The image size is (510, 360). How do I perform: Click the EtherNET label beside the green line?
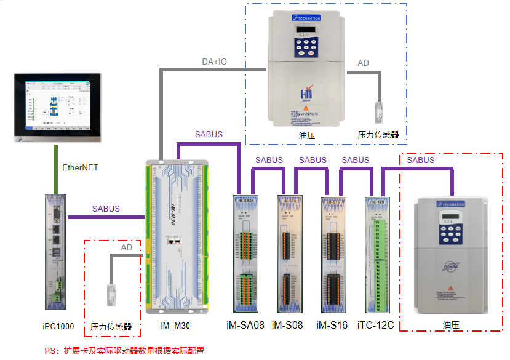coord(80,167)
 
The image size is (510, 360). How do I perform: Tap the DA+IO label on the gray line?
coord(215,62)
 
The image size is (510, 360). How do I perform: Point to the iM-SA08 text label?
coord(245,325)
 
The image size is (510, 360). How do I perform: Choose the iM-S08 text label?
coord(287,325)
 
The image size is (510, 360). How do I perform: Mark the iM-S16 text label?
coord(332,325)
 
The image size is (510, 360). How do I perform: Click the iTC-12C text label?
coord(375,325)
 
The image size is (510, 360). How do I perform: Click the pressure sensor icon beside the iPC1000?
coord(111,295)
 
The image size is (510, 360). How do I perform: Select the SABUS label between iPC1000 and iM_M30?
coord(106,209)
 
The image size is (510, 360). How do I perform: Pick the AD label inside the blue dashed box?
coord(364,63)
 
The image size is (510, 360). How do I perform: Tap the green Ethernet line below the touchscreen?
coord(55,169)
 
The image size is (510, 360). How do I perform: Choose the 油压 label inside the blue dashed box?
coord(306,134)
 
